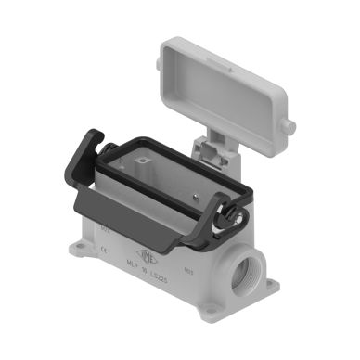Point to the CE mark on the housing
[105, 247]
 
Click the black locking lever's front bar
[139, 209]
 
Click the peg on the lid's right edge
[290, 125]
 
